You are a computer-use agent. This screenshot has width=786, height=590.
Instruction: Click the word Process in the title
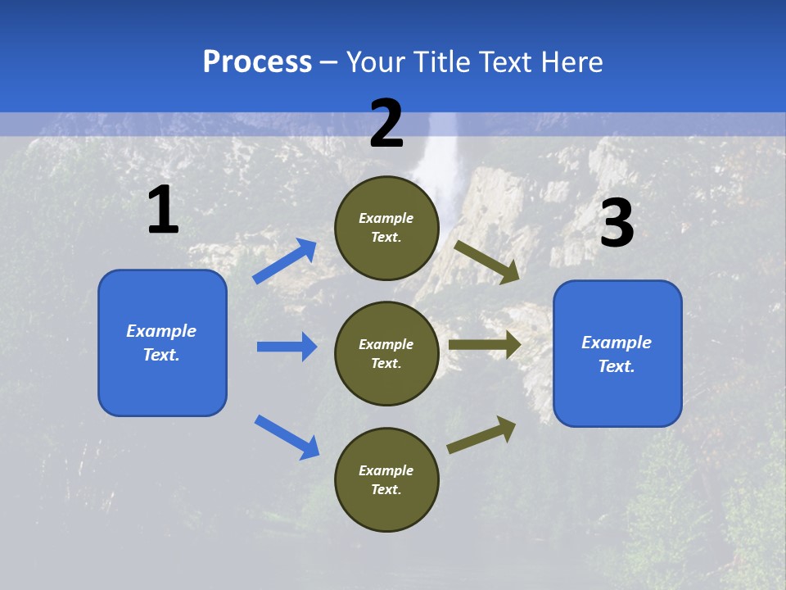pyautogui.click(x=257, y=62)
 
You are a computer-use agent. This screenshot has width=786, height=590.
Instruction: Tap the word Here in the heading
pyautogui.click(x=568, y=62)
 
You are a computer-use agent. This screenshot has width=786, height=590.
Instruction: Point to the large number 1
pyautogui.click(x=163, y=211)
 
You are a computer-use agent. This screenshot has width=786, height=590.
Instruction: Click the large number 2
pyautogui.click(x=386, y=124)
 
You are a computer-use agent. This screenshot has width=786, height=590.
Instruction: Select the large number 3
pyautogui.click(x=617, y=224)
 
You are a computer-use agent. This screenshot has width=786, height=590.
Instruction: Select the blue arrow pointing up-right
pyautogui.click(x=285, y=261)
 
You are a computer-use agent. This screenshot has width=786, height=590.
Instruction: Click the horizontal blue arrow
pyautogui.click(x=287, y=347)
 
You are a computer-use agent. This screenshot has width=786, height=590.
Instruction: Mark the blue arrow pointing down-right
pyautogui.click(x=287, y=437)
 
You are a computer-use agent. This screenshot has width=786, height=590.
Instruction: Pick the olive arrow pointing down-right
pyautogui.click(x=487, y=261)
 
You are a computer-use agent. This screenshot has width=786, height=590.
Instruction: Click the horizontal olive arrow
pyautogui.click(x=485, y=345)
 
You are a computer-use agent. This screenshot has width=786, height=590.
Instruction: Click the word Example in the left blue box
pyautogui.click(x=161, y=331)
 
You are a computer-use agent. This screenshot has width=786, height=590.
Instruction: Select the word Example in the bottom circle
pyautogui.click(x=386, y=470)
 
